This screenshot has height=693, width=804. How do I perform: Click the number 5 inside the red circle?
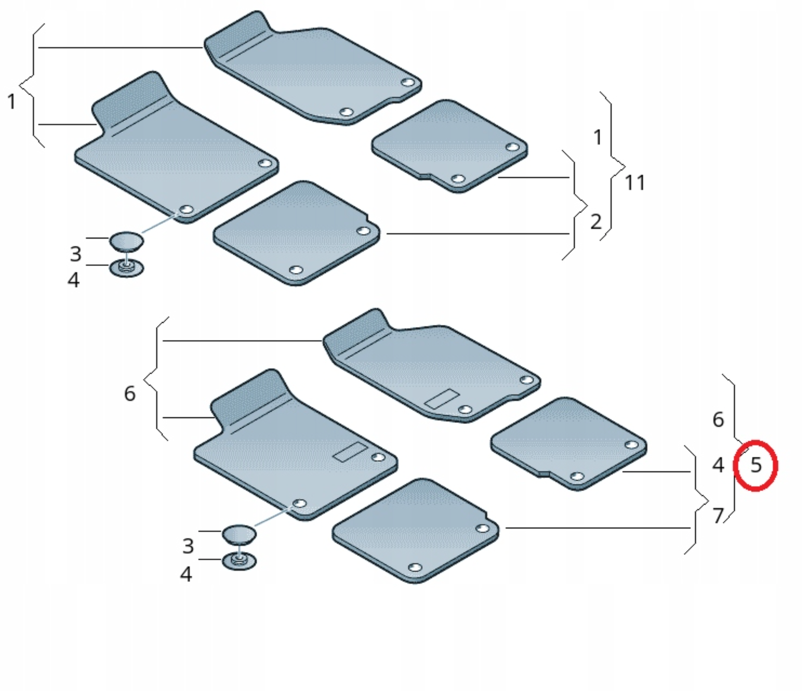coord(756,465)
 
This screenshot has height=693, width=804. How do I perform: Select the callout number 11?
coord(635,183)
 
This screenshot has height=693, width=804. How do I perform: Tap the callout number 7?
coord(718,516)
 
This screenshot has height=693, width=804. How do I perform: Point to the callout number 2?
coord(596,222)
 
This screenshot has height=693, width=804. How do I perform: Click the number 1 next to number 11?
coord(598,137)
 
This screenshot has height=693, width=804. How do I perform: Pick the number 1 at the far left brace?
coord(12,102)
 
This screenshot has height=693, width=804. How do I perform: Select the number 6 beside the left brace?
coord(130,394)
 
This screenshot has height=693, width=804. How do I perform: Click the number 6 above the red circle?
coord(718,420)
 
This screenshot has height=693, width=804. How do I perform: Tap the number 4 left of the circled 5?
coord(718,465)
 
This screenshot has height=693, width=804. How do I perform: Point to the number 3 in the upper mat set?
coord(76,254)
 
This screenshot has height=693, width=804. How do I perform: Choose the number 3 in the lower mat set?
coord(188,546)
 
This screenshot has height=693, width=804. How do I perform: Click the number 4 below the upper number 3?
coord(74,280)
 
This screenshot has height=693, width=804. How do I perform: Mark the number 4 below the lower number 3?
coord(186,574)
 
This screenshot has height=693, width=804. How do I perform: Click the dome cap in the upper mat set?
coord(126,241)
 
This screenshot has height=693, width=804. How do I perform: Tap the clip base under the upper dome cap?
coord(126,268)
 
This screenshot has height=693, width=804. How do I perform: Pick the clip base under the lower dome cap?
coord(239,561)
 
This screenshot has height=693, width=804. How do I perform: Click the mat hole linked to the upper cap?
coord(186,210)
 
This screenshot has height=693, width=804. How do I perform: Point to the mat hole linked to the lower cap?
coord(299,504)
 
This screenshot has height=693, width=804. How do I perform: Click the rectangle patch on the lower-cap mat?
coord(350,452)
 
